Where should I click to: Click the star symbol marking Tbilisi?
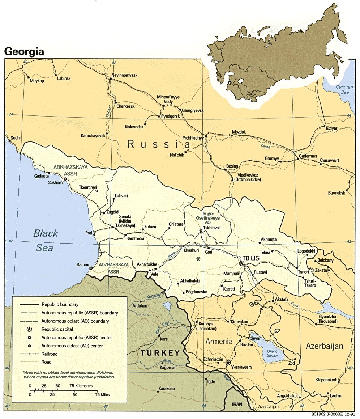[x=242, y=263]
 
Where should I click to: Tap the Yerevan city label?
[x=242, y=367]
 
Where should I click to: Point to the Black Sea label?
[x=45, y=240]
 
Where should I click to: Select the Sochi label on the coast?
[x=16, y=138]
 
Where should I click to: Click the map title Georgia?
[x=24, y=52]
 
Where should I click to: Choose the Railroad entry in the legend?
[x=50, y=354]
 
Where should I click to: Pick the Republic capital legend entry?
[x=57, y=329]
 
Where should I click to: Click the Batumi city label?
[x=83, y=265]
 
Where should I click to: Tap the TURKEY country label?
[x=160, y=353]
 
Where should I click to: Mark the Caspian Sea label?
[x=343, y=89]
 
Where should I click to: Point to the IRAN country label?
[x=236, y=404]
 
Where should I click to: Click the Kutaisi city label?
[x=150, y=227]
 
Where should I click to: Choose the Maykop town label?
[x=37, y=81]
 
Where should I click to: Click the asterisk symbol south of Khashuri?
[x=198, y=259]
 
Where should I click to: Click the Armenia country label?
[x=219, y=341]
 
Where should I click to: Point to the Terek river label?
[x=265, y=147]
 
